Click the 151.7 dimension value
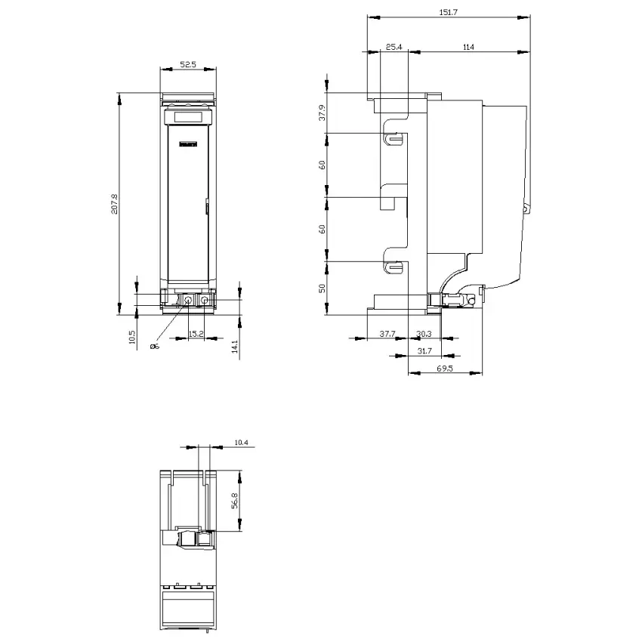(x=448, y=12)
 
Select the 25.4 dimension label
(x=394, y=47)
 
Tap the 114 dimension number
(x=468, y=47)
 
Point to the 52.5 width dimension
(x=188, y=64)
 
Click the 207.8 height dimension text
(x=114, y=203)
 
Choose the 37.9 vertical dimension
(x=323, y=113)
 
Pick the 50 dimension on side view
(x=323, y=289)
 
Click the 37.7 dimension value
(x=387, y=334)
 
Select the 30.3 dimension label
(x=424, y=334)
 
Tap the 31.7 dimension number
(x=424, y=351)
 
